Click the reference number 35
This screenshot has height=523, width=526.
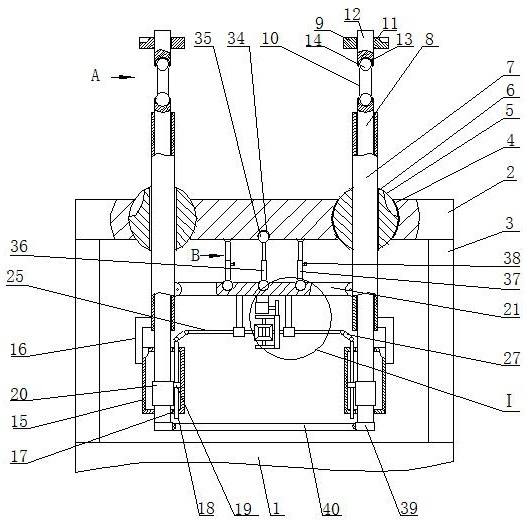tap(203, 39)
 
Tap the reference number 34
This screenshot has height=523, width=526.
tap(236, 39)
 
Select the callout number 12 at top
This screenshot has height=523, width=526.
tap(353, 14)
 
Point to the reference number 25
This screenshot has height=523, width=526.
tap(15, 277)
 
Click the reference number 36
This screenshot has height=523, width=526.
tap(19, 247)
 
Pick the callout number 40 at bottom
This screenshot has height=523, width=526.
tap(331, 509)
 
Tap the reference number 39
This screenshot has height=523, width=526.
tap(409, 509)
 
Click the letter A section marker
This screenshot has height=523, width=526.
tap(96, 75)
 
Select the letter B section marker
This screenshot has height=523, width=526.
tap(195, 256)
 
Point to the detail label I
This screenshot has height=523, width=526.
tap(509, 401)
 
